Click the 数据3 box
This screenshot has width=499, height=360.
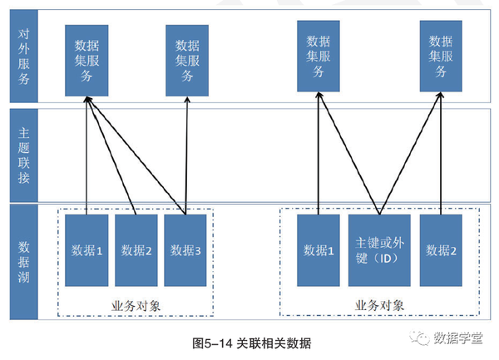point(185,250)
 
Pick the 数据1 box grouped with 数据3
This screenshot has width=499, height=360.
point(86,250)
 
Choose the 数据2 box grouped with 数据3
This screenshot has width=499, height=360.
point(136,250)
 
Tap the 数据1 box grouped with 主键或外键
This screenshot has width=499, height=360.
point(319,250)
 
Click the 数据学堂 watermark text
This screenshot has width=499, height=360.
point(462,338)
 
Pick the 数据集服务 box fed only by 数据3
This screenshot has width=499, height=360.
point(185,58)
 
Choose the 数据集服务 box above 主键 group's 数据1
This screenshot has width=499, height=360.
point(319,57)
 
